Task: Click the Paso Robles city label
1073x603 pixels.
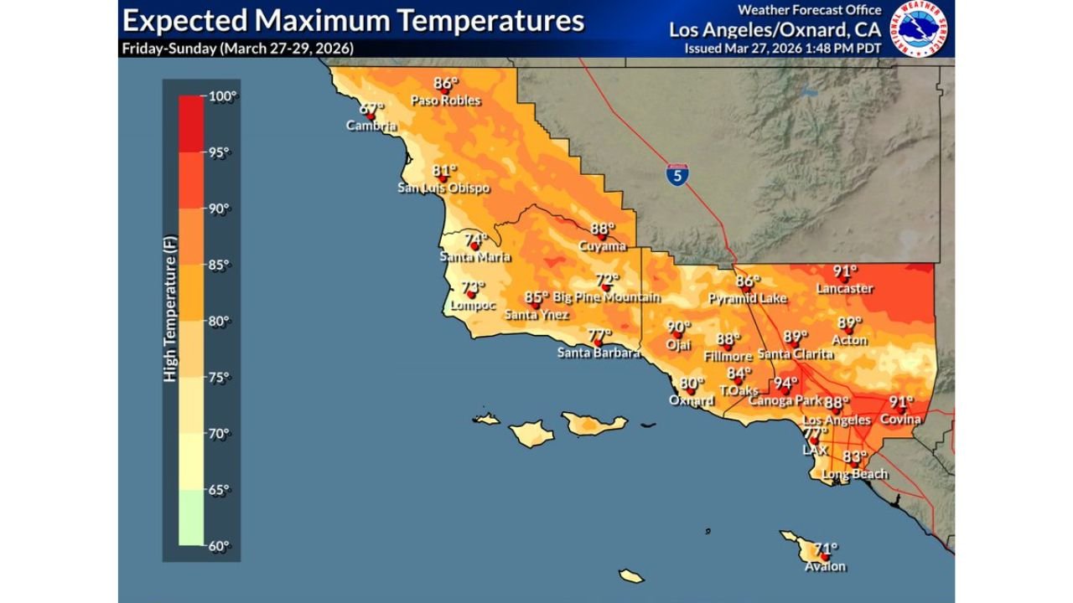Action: [445, 100]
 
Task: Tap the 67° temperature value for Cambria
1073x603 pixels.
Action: [371, 108]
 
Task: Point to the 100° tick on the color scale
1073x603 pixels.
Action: [219, 95]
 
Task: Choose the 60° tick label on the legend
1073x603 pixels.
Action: [219, 546]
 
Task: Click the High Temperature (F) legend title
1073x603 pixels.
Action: [170, 320]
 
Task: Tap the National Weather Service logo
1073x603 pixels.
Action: [918, 28]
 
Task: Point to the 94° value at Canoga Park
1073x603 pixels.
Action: [785, 384]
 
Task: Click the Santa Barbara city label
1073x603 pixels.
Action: [599, 353]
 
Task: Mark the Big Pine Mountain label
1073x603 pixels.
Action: [606, 297]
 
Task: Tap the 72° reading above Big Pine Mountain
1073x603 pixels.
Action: [607, 280]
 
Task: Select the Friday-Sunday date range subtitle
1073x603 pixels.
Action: [237, 48]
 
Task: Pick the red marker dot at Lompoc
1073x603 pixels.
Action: [470, 294]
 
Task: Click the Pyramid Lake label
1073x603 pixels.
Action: [745, 298]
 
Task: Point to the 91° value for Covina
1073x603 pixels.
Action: [901, 401]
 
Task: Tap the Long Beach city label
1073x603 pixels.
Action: [854, 474]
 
